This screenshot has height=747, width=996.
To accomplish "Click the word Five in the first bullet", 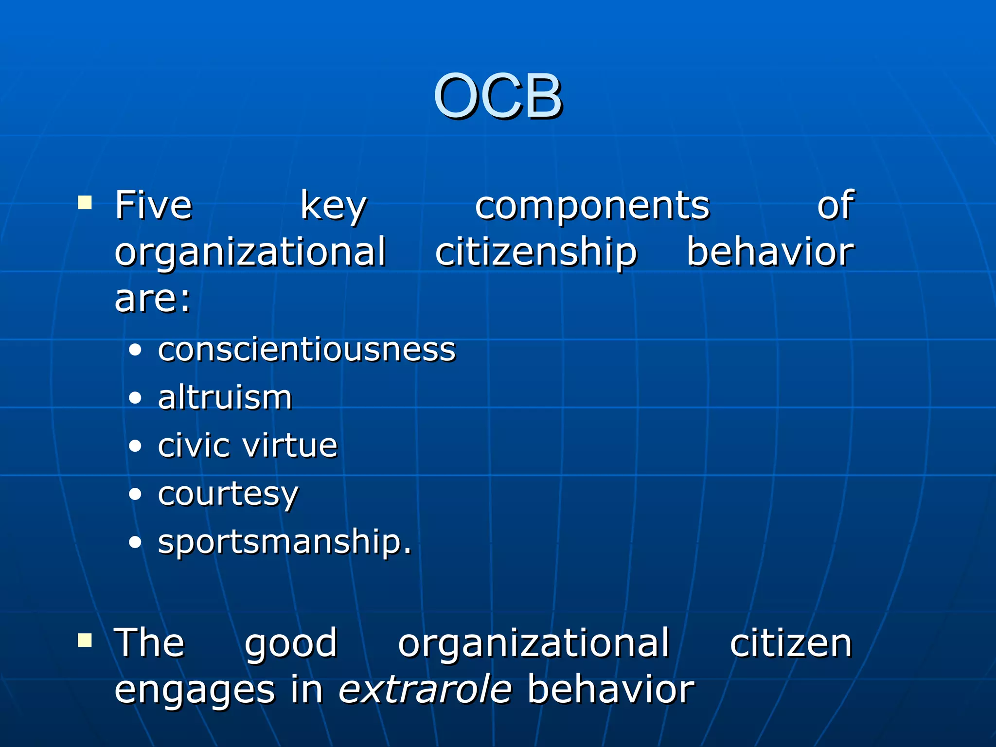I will coord(153,205).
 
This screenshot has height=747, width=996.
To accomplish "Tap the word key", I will coord(333,206).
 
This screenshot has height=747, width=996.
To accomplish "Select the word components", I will coord(592,206).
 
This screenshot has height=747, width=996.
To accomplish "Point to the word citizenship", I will coord(535,253).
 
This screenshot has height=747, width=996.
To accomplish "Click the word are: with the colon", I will coord(153,299).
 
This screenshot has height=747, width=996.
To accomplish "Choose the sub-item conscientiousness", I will coord(306,350).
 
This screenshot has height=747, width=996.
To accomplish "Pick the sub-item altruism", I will coord(225,397).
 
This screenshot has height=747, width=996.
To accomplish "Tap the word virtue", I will coord(290,445).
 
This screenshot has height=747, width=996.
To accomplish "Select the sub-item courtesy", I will coord(228,494).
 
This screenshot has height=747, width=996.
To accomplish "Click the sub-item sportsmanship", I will coord(285,541).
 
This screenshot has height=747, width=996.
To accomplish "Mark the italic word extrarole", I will coord(425,690).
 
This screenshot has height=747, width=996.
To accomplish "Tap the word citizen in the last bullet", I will coord(791,643).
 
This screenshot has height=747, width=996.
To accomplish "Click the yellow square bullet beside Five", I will coord(85,202).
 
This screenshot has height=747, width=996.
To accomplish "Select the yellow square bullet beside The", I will coord(85,640).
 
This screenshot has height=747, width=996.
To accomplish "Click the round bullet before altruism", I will coord(135,398).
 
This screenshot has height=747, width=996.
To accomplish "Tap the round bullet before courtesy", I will coord(135,495).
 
